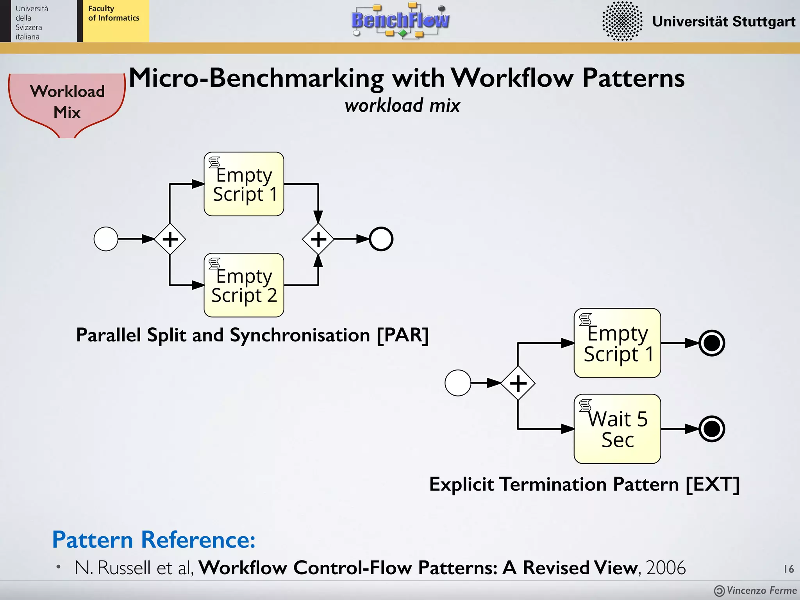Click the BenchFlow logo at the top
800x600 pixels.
(x=400, y=20)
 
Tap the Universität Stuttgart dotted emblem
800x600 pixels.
(x=622, y=21)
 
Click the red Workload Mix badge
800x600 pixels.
(x=67, y=102)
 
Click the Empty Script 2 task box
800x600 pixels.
(x=244, y=285)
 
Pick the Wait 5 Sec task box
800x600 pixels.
(x=617, y=429)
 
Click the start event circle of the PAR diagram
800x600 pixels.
(x=106, y=239)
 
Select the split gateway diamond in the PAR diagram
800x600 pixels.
(x=170, y=239)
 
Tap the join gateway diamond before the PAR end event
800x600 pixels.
(x=318, y=239)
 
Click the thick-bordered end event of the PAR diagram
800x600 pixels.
(x=381, y=239)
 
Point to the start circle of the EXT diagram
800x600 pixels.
(x=458, y=383)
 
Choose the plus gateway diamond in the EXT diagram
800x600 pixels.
(x=518, y=383)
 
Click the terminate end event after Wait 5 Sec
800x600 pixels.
(x=712, y=429)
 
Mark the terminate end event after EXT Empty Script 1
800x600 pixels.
(x=712, y=343)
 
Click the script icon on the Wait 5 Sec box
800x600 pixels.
(x=585, y=405)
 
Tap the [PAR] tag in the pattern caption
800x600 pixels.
(x=402, y=335)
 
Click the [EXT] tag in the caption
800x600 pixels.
(x=712, y=484)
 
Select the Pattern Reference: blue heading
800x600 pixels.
(x=154, y=540)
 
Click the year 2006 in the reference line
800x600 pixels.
(x=666, y=568)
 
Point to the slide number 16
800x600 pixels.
(x=789, y=569)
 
